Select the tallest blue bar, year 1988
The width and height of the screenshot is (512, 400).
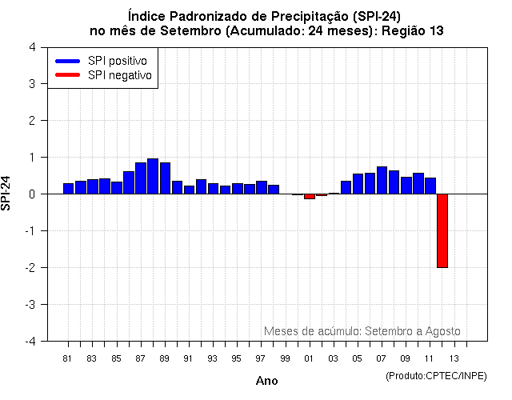click(153, 176)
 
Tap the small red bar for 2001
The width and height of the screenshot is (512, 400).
click(309, 196)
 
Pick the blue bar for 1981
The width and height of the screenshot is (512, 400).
click(69, 189)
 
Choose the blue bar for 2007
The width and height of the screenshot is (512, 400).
click(382, 180)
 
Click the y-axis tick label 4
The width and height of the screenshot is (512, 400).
click(31, 47)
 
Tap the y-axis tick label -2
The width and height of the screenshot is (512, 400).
click(30, 268)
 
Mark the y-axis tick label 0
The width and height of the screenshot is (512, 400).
click(31, 194)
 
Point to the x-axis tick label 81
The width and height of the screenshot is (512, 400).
click(67, 358)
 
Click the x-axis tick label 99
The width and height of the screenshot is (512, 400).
click(284, 358)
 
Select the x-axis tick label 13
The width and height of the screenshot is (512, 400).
click(454, 358)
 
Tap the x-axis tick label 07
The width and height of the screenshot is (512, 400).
click(382, 358)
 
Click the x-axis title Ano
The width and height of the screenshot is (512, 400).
click(266, 382)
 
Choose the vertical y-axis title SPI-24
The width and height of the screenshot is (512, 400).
click(7, 194)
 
